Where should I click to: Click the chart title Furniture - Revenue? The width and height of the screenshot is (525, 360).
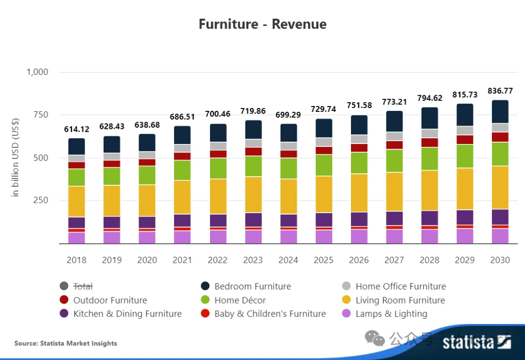pos(262,24)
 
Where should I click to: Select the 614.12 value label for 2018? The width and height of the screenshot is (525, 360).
pos(76,129)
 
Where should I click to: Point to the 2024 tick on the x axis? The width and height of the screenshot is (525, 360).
pos(288,260)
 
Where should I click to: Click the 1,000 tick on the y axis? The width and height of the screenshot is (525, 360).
pos(37,72)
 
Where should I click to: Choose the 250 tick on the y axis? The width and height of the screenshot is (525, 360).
pos(41,200)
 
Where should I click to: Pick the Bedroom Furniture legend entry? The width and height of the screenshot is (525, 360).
pos(252,287)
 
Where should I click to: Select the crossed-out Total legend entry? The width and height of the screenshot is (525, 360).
pos(83,287)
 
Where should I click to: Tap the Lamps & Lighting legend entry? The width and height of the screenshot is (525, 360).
pos(391,314)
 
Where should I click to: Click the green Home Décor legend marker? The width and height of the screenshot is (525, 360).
pos(205,300)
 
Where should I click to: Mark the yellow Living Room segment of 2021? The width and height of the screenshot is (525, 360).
pos(182,197)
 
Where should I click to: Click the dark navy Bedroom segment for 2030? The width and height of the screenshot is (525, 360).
pos(500,112)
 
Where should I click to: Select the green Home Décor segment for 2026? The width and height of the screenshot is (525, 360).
pos(359,163)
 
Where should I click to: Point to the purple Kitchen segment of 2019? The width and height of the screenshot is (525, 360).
pos(112,222)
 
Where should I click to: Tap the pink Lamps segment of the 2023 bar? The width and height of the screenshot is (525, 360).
pos(253,237)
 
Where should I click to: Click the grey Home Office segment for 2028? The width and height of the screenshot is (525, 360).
pos(429,133)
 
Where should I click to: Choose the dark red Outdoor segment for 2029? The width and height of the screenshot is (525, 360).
pos(465,140)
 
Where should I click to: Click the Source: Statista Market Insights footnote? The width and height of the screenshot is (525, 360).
pos(66,343)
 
